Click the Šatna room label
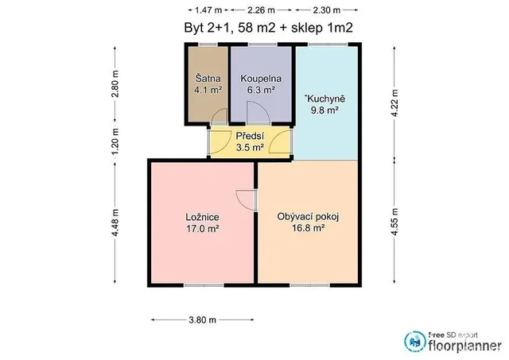pyautogui.click(x=208, y=78)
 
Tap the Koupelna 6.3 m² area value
pyautogui.click(x=261, y=90)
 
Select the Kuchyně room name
pyautogui.click(x=324, y=99)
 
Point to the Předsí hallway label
pyautogui.click(x=250, y=136)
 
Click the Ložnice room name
pyautogui.click(x=202, y=217)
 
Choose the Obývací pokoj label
pyautogui.click(x=308, y=216)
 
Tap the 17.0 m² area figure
pyautogui.click(x=202, y=229)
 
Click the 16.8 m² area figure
pyautogui.click(x=308, y=228)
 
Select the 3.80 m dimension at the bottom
pyautogui.click(x=202, y=319)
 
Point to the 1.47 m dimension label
pyautogui.click(x=208, y=10)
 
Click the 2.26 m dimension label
pyautogui.click(x=261, y=10)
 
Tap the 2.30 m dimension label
pyautogui.click(x=327, y=10)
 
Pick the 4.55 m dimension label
pyautogui.click(x=394, y=222)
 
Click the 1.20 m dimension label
pyautogui.click(x=115, y=141)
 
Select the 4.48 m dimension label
pyautogui.click(x=115, y=223)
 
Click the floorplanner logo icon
pyautogui.click(x=415, y=342)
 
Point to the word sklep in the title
pyautogui.click(x=306, y=28)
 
